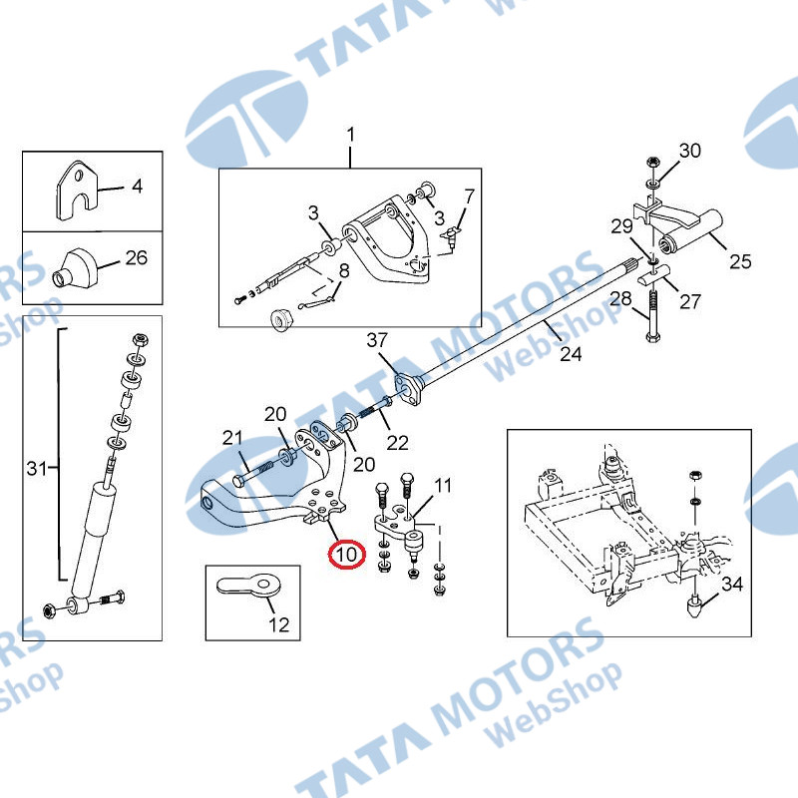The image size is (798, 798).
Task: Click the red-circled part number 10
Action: (346, 554)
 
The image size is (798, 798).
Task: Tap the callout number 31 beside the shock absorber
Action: (37, 468)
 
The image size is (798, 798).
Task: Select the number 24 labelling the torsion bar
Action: (571, 354)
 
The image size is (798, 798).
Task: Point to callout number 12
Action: (279, 624)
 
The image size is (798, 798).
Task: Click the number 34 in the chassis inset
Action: (732, 584)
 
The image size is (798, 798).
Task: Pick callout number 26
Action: (137, 257)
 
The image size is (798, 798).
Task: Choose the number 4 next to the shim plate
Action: (137, 187)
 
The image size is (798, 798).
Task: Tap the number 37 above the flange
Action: (377, 340)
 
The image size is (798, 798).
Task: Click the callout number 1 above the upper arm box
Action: (351, 136)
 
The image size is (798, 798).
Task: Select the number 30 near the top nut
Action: (690, 151)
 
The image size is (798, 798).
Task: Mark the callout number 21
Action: (232, 438)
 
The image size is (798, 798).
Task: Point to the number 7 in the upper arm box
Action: (469, 197)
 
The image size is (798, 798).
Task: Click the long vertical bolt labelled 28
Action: (653, 315)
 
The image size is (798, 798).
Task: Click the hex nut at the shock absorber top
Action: (140, 340)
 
